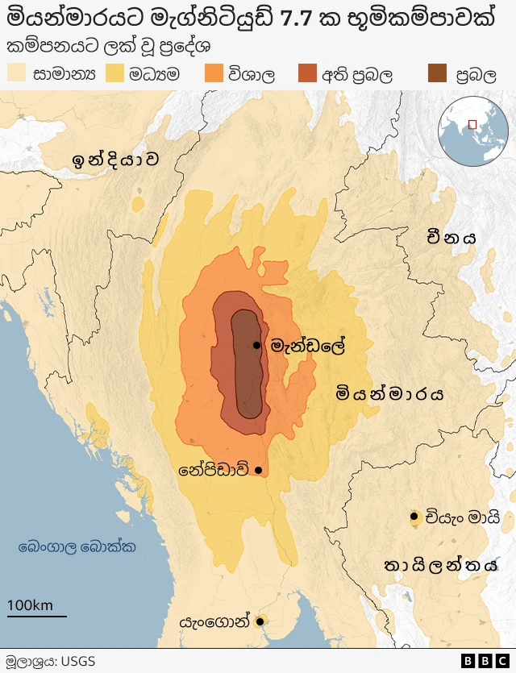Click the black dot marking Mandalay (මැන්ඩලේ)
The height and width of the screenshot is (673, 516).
256,345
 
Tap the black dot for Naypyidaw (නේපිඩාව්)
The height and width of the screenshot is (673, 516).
258,470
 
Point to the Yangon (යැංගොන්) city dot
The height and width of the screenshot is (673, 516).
260,621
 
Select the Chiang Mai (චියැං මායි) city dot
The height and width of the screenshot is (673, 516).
414,517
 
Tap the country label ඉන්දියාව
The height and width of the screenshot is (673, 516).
114,159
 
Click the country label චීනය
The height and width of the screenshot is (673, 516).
452,237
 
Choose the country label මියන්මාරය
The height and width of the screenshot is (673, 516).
390,394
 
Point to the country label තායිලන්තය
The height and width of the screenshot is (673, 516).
441,564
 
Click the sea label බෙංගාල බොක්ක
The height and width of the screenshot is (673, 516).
77,547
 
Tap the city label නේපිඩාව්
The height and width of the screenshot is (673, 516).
214,470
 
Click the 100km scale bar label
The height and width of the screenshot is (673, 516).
30,605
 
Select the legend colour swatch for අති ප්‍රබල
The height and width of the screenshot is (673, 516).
308,74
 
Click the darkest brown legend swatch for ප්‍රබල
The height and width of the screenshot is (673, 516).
436,74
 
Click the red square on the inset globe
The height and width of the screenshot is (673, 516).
472,124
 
